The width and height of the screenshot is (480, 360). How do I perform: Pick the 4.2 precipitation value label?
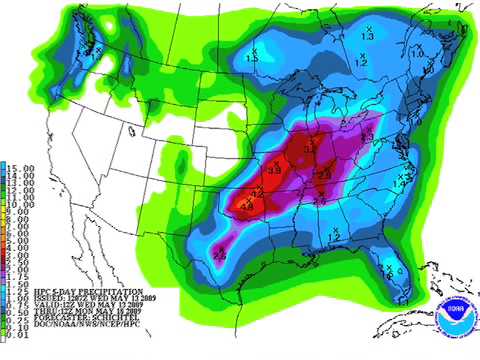pyautogui.click(x=257, y=193)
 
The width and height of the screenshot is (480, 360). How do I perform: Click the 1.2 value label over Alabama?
pyautogui.click(x=334, y=236)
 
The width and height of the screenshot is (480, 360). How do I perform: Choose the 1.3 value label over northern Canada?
pyautogui.click(x=366, y=36)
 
